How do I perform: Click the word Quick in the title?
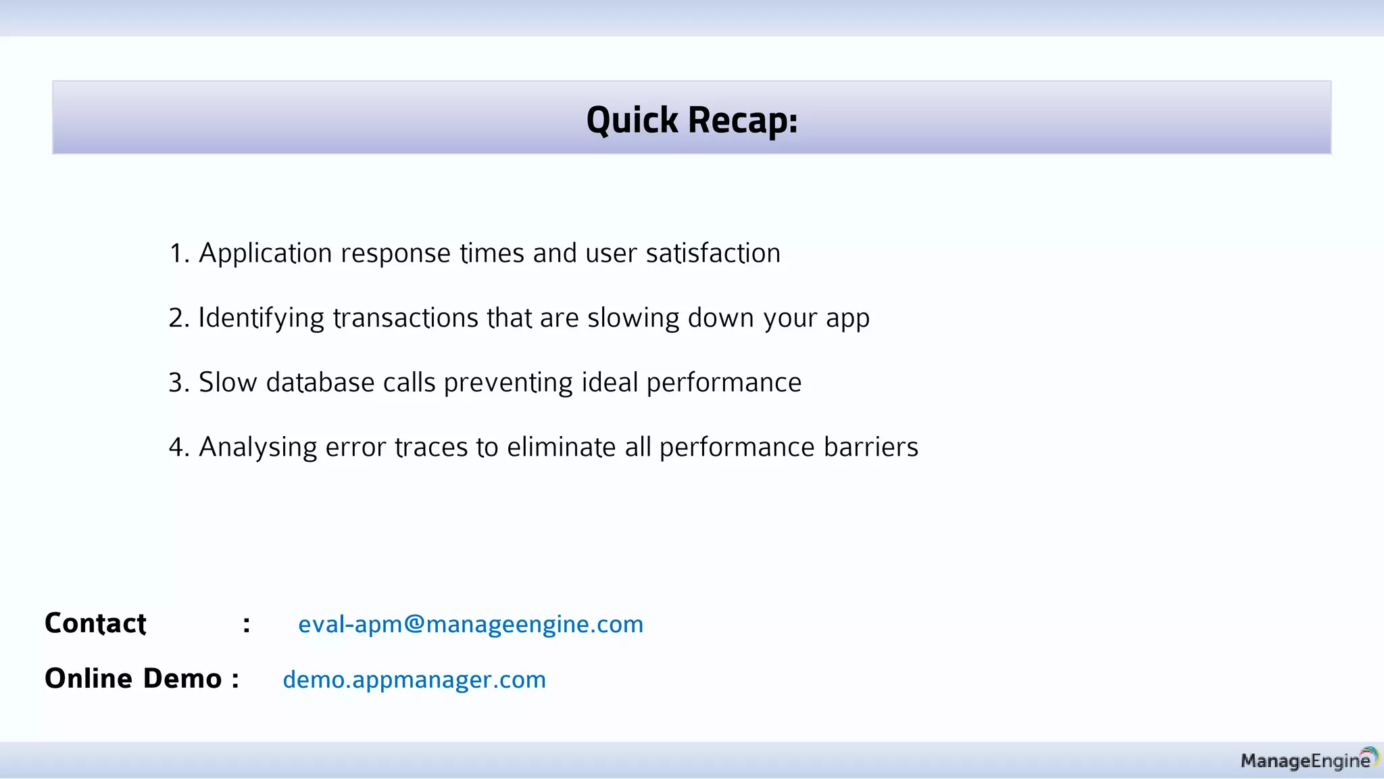pos(632,120)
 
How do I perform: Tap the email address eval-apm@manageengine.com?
pos(470,623)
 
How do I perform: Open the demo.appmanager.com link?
pos(414,679)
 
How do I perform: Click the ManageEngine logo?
pos(1308,760)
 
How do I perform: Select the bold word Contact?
pos(95,623)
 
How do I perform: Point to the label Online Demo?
pos(133,678)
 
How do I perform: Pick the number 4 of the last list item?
pos(177,448)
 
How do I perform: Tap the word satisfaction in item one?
pos(713,254)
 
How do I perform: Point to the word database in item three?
pos(320,383)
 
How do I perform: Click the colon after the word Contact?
pos(247,624)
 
